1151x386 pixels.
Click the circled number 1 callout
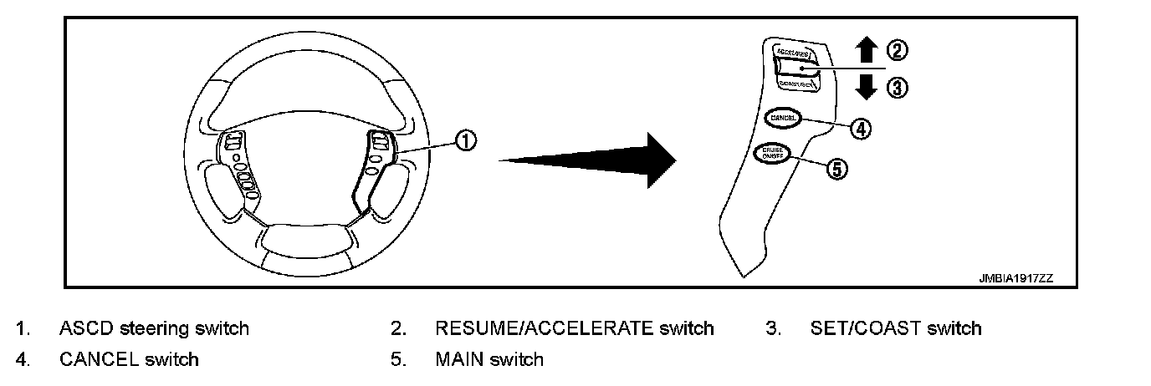467,140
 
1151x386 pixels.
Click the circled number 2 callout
895,51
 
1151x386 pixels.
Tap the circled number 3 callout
895,88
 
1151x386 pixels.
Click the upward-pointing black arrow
866,51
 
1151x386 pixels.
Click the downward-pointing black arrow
866,86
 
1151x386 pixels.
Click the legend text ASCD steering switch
154,328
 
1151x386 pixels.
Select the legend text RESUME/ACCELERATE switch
574,328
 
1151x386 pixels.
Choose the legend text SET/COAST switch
895,328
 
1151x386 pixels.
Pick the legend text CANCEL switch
129,360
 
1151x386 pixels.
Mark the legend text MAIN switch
489,360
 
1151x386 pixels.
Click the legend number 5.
396,360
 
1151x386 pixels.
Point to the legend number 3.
772,328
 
